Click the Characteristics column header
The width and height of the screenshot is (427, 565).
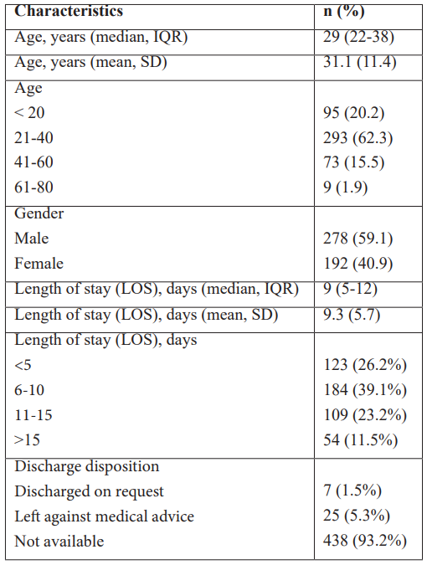point(69,11)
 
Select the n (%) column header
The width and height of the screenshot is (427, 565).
point(344,12)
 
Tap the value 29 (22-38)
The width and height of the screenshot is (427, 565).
point(358,37)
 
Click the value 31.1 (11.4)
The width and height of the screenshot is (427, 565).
point(360,62)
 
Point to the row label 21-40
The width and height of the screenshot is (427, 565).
point(33,137)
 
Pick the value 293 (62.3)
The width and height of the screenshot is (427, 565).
point(358,138)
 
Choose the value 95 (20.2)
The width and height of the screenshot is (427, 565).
point(354,113)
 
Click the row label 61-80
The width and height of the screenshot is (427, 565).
point(33,187)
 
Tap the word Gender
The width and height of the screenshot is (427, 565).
point(39,213)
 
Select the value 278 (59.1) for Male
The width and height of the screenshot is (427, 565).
point(358,239)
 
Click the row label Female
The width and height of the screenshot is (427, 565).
point(39,264)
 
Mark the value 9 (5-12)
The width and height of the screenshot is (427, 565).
point(350,289)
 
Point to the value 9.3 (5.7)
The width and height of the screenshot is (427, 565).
point(352,315)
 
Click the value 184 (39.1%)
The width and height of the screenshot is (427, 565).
point(365,390)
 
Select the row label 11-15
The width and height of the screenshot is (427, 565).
point(33,415)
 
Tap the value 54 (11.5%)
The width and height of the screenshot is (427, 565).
point(360,440)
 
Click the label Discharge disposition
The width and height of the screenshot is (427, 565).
point(86,466)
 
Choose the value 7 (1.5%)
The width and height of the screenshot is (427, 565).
point(352,491)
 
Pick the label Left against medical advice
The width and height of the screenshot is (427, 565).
point(104,516)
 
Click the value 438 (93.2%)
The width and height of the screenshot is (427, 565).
point(365,541)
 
